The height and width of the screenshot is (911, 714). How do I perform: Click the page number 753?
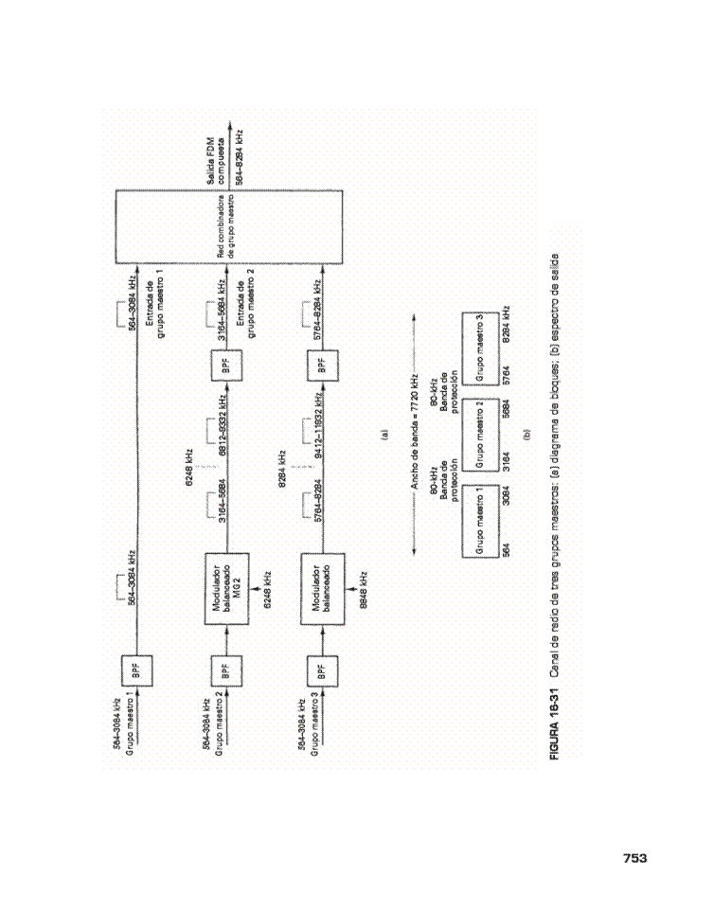coord(634,858)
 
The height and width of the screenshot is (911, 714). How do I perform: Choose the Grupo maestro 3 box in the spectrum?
coord(481,344)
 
